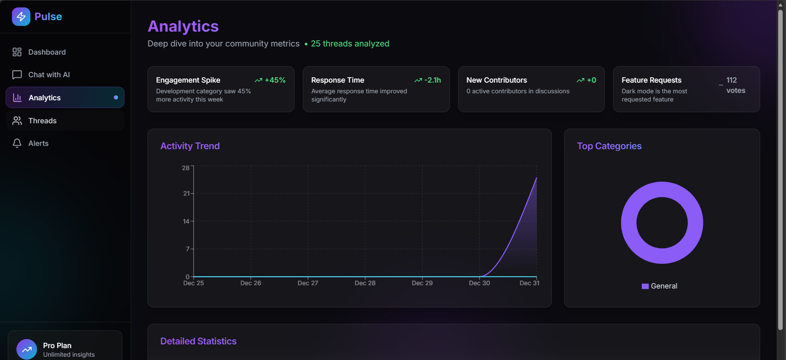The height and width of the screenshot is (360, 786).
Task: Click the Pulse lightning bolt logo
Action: point(21,16)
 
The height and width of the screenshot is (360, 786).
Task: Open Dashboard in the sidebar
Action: point(47,52)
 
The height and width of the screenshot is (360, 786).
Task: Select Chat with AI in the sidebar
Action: point(49,75)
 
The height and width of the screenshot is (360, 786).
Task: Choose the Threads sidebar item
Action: point(42,121)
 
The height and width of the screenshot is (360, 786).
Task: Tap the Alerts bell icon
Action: point(17,143)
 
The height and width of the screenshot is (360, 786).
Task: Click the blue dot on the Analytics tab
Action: point(116,97)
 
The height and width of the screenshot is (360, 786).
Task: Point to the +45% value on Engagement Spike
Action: point(275,80)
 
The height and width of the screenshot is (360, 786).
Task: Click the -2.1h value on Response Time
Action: point(432,80)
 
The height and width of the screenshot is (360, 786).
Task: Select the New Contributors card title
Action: point(496,80)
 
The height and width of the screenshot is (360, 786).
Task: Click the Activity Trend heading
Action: point(190,146)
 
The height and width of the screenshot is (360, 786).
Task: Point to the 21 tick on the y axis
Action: point(187,193)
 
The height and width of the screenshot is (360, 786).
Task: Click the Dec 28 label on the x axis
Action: point(365,283)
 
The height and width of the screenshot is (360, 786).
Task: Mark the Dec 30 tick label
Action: point(479,283)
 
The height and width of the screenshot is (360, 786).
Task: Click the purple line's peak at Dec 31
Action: point(536,178)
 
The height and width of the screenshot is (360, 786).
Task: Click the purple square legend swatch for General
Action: point(645,286)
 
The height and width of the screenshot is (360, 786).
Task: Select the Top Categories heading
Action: point(609,146)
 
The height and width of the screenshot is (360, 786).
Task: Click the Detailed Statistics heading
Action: point(198,341)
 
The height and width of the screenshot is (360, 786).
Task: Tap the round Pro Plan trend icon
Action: point(27,349)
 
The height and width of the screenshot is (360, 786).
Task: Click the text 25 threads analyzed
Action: point(350,44)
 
